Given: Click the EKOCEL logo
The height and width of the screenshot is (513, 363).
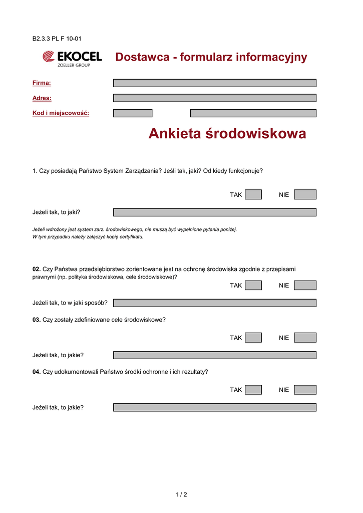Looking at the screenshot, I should point(72,58).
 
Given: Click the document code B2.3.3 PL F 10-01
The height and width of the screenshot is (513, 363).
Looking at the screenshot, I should point(57,39).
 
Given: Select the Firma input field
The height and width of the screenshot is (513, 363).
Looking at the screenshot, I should point(214,83).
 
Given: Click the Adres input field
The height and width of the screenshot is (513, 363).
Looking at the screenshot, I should point(214,98).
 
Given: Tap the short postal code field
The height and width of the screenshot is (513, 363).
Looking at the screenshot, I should point(133,113).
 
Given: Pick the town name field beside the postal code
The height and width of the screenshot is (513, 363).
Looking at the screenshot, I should point(253,113).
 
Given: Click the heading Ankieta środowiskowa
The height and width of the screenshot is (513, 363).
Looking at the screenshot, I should point(227,134).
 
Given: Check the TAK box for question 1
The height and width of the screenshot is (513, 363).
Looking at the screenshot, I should point(253,194).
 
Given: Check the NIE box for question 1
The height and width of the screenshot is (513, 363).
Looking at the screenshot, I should point(305,194).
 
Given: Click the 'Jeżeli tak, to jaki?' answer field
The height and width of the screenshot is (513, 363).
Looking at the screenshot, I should point(214,212).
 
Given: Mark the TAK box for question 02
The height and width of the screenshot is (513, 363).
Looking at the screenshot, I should point(253,285).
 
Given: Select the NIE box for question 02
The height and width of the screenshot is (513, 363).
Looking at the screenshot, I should point(305,285).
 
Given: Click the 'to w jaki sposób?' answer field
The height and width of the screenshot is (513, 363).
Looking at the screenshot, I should point(214,303).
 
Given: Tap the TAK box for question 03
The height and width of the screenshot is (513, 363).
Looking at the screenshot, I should point(253,338).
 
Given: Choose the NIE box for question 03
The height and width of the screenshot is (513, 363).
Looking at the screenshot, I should point(305,338).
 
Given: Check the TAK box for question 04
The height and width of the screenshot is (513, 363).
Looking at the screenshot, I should point(253,390).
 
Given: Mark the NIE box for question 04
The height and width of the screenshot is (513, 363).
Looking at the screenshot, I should point(305,390).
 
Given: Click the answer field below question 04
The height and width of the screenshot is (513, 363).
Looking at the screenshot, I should point(214,408).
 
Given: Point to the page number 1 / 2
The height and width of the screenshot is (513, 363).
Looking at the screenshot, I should point(181,495).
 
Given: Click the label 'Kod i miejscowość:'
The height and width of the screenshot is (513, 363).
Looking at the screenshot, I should point(61,113).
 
